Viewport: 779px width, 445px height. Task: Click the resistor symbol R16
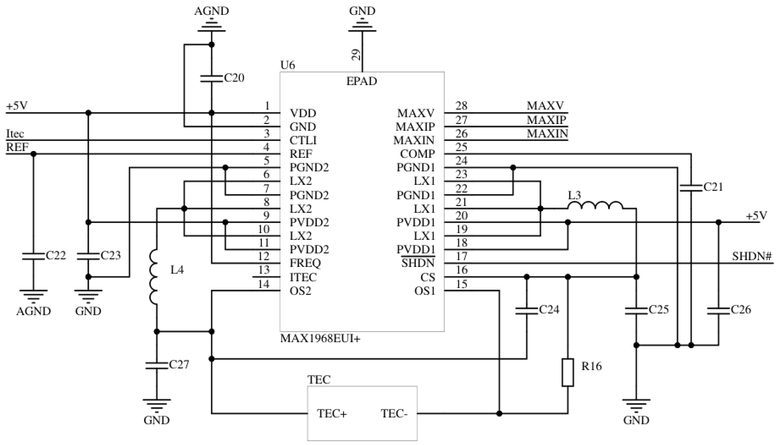[568, 372]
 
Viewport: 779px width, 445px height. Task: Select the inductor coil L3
[595, 206]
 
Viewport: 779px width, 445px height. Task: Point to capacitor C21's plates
[691, 188]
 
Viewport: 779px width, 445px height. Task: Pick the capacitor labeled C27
[157, 365]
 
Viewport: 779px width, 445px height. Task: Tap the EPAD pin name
[362, 81]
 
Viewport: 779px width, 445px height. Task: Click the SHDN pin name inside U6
[418, 263]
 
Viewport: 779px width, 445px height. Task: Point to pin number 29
[356, 55]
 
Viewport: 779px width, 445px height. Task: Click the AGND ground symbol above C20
[211, 26]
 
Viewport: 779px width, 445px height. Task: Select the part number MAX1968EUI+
[320, 339]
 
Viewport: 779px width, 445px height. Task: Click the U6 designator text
[288, 65]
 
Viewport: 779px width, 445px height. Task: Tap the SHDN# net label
[752, 256]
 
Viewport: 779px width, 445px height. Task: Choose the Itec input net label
[15, 134]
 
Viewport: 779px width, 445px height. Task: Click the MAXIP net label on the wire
[546, 120]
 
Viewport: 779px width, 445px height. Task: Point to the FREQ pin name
[305, 263]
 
